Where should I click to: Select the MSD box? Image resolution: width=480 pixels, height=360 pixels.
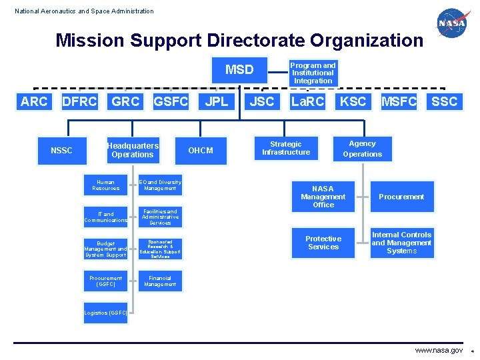tap(239, 69)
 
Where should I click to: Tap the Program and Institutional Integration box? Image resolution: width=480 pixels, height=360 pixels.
tap(313, 73)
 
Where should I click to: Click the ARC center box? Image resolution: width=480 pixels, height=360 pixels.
tap(34, 101)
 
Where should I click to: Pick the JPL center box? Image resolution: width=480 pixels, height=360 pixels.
tap(216, 101)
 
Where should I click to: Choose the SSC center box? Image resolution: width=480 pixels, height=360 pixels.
tap(445, 101)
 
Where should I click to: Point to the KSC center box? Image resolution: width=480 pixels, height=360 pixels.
tap(353, 101)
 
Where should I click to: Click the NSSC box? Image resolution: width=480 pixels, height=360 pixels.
tap(61, 151)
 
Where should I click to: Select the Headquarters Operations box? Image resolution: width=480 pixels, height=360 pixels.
tap(133, 150)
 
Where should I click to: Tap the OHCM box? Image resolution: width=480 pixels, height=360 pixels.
tap(201, 151)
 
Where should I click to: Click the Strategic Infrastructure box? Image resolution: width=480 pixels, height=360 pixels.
tap(286, 148)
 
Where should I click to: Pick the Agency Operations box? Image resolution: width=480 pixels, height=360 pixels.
tap(363, 149)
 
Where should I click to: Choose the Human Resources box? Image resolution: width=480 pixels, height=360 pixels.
tap(105, 185)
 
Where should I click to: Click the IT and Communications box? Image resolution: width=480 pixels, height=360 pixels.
tap(105, 217)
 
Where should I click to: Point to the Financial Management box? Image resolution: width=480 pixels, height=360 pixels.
tap(159, 281)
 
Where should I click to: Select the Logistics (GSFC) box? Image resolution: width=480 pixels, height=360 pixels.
tap(105, 313)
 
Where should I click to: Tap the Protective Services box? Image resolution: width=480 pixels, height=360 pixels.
tap(323, 243)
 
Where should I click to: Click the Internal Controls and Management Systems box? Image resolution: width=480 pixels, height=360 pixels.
tap(401, 243)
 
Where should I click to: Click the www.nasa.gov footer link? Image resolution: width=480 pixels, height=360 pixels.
tap(438, 350)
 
